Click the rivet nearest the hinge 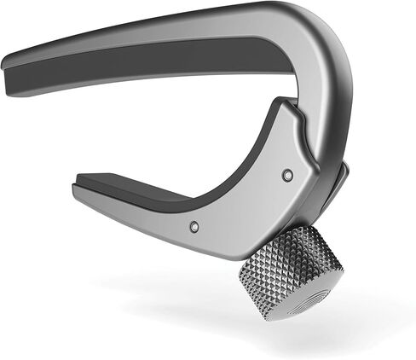pos(286,174)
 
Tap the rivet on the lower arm pos(195,227)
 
